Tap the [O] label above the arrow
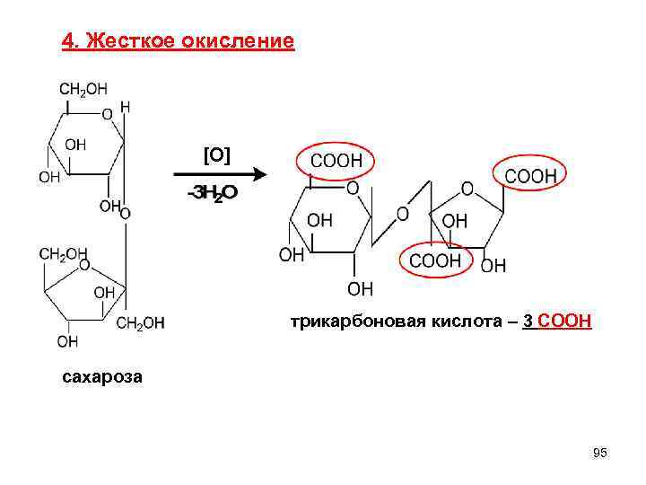pyautogui.click(x=217, y=155)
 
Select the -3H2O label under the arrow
pyautogui.click(x=212, y=194)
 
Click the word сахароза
pyautogui.click(x=101, y=376)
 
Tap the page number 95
pyautogui.click(x=600, y=454)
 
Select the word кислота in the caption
pyautogui.click(x=463, y=322)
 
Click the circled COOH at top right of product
pyautogui.click(x=530, y=176)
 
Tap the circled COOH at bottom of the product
pyautogui.click(x=435, y=260)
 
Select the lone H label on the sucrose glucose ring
pyautogui.click(x=125, y=107)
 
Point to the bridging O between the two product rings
pyautogui.click(x=402, y=214)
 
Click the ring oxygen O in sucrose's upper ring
pyautogui.click(x=108, y=114)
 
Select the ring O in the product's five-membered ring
pyautogui.click(x=467, y=189)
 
